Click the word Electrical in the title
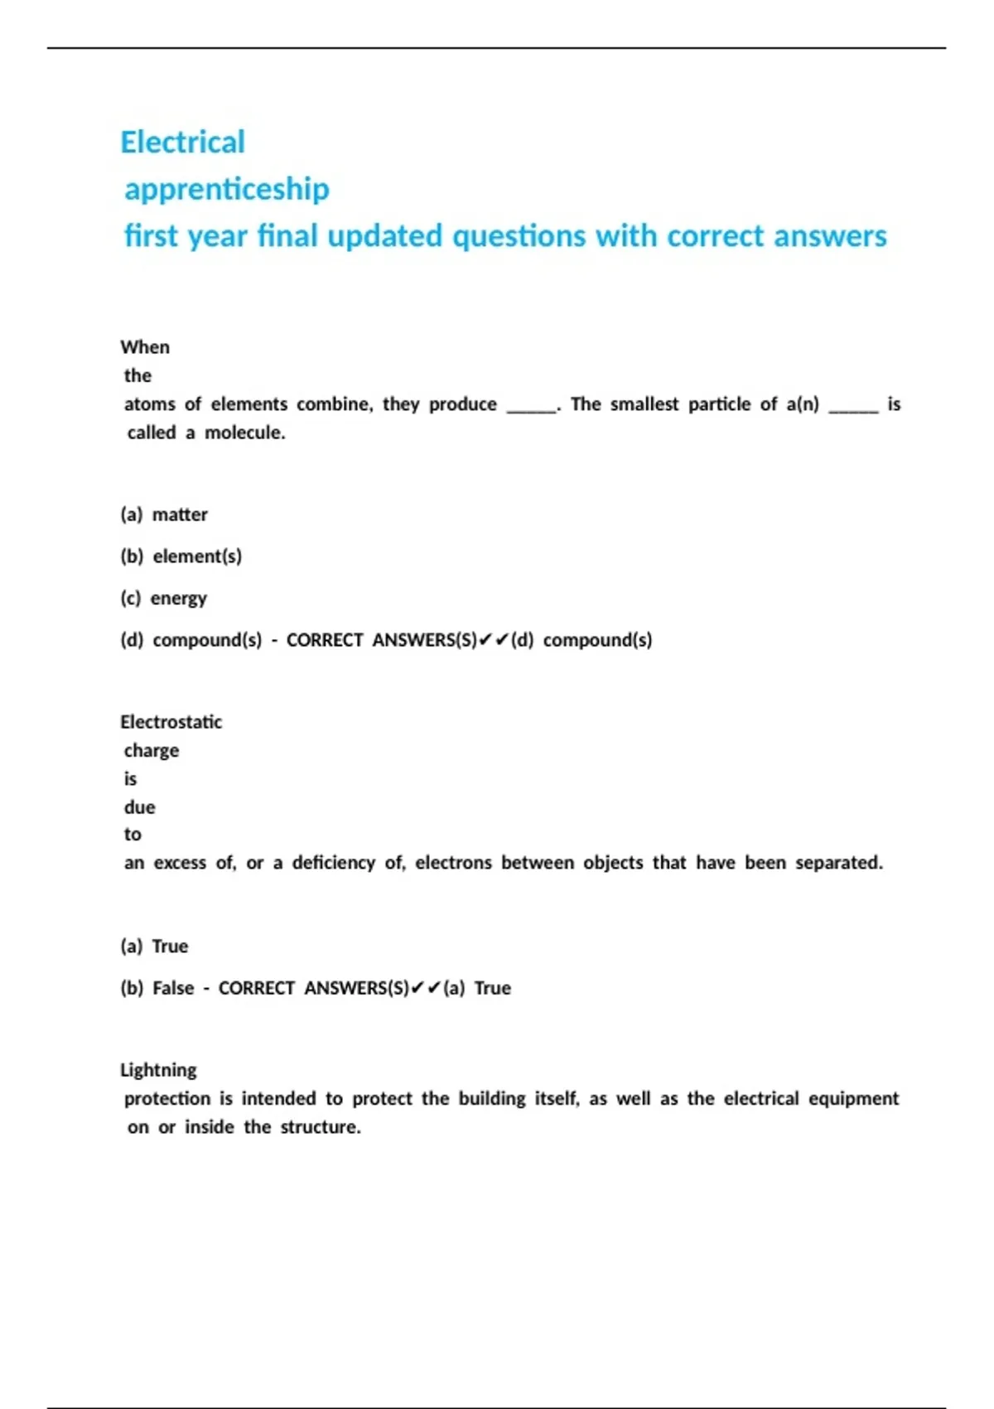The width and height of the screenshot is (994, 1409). pos(182,143)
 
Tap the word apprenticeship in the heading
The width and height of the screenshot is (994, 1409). pos(226,190)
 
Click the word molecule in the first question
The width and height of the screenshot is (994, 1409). pos(244,433)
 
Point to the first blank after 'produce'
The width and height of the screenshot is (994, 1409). pos(531,407)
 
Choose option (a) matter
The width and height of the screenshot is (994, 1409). pos(164,515)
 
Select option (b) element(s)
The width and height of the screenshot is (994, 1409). pos(181,556)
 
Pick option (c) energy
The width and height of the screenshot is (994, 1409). pos(164,598)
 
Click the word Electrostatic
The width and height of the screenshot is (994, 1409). pos(171,722)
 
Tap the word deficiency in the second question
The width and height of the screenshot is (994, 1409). pos(333,863)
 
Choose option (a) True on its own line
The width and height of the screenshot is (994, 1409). pos(155,947)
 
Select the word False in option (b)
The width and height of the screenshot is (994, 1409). pos(173,988)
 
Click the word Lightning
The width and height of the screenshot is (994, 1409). pos(158,1070)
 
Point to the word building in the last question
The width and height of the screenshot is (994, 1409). pos(492,1099)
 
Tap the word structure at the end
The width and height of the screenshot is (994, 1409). pos(319,1127)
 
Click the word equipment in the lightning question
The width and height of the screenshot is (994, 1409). pos(853,1099)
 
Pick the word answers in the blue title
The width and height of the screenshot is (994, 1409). pos(830,237)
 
